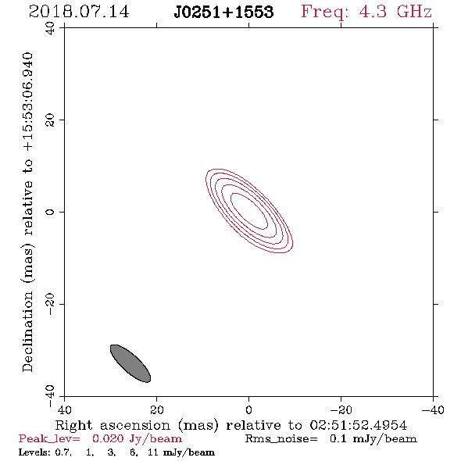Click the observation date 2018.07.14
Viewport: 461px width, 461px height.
79,12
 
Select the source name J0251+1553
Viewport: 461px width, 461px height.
223,12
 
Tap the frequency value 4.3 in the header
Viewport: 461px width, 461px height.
373,12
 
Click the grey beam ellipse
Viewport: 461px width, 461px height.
130,363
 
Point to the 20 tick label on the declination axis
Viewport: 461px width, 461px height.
50,120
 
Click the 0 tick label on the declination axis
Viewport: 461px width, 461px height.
50,212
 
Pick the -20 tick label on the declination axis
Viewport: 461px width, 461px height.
50,304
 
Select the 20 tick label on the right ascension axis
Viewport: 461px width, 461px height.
157,409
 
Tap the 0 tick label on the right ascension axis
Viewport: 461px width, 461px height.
248,409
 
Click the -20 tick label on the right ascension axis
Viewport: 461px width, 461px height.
341,409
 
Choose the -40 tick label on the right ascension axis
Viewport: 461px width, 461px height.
433,409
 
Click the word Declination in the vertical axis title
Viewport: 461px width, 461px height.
27,331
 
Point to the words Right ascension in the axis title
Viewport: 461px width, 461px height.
113,425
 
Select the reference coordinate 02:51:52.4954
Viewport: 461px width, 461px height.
359,425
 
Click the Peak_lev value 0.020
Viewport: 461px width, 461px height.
108,438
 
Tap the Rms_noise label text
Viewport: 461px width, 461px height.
281,439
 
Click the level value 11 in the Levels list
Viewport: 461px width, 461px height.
153,452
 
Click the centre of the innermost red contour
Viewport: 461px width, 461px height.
249,211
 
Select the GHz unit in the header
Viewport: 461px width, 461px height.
414,12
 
